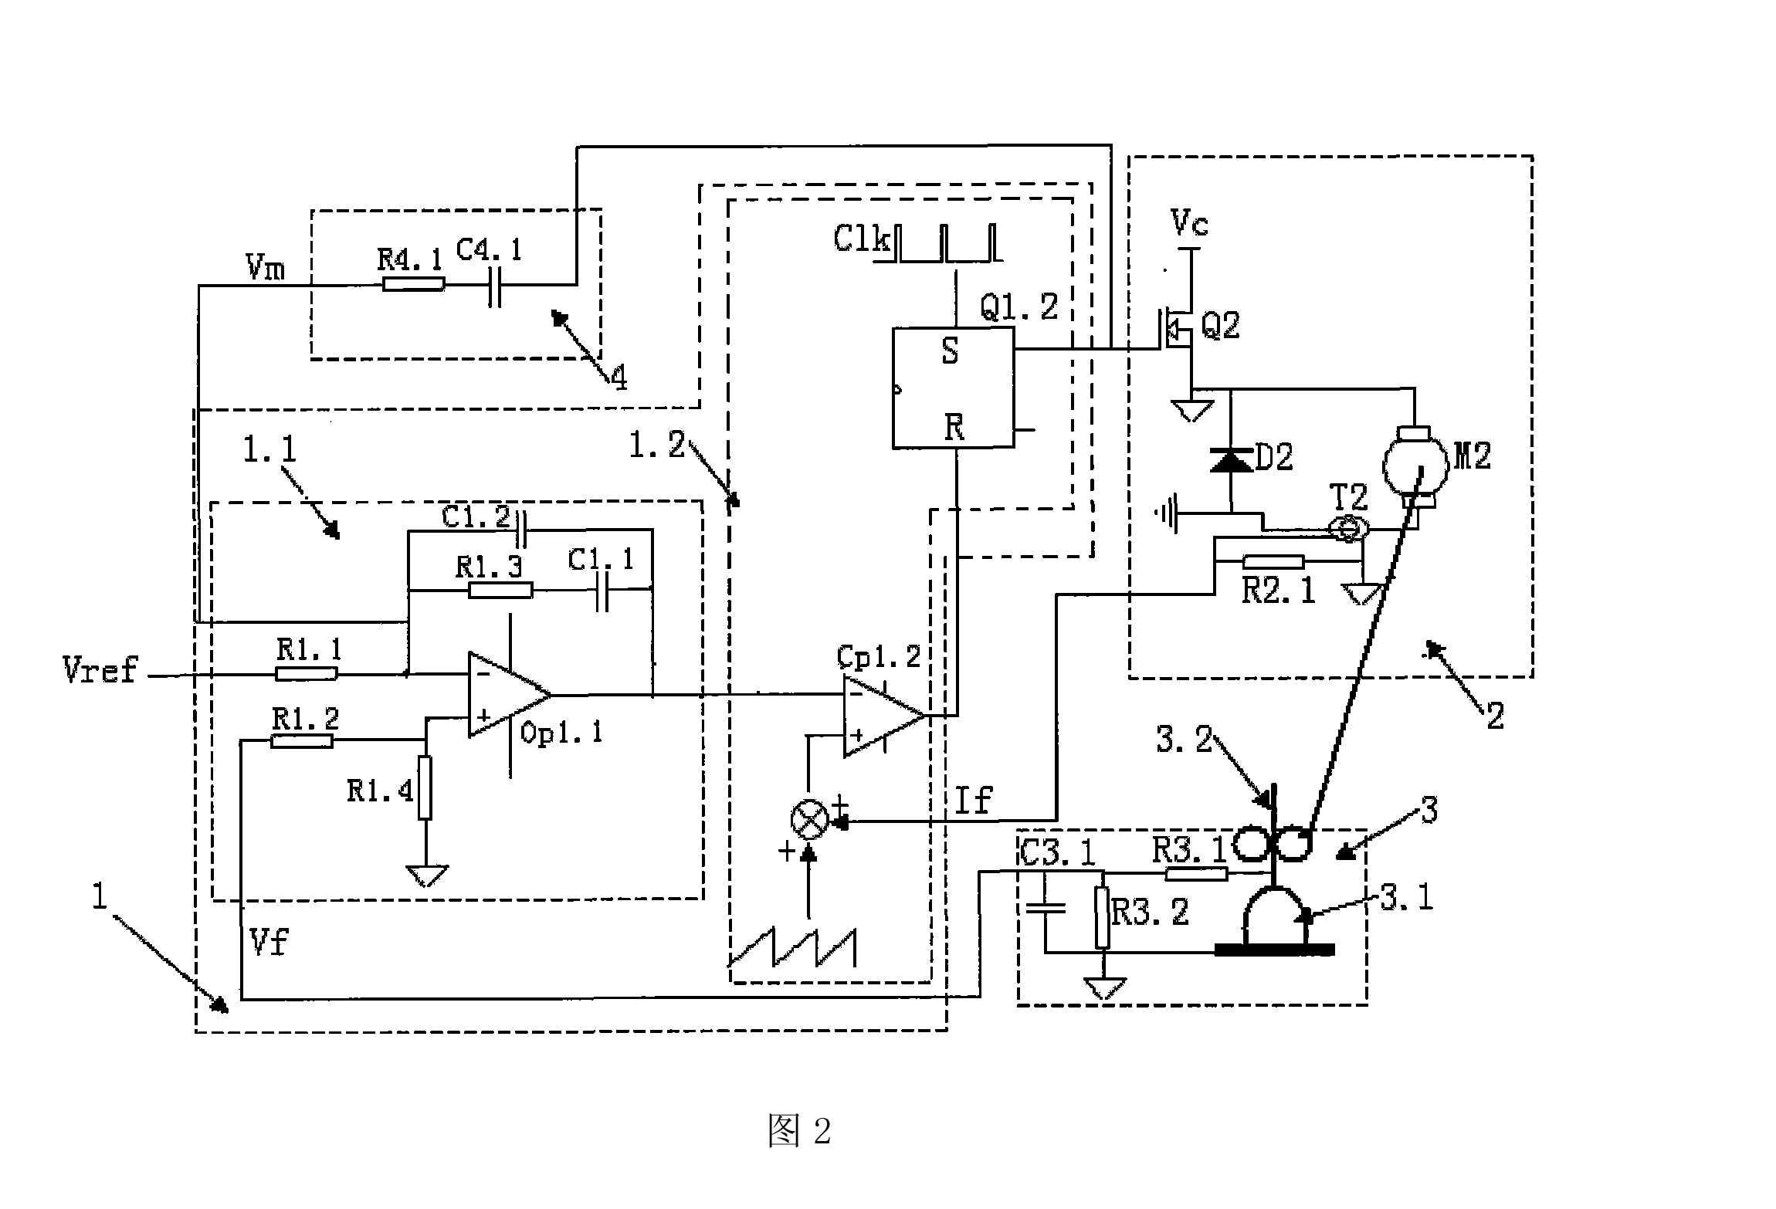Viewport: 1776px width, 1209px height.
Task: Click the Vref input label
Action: [100, 669]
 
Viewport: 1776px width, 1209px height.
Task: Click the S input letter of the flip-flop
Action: [951, 352]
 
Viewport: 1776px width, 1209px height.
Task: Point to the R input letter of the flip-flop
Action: [954, 427]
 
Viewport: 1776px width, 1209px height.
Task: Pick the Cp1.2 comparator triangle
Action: [881, 716]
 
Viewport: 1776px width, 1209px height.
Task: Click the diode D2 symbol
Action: [1231, 462]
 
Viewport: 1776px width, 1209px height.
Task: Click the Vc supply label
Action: [1190, 223]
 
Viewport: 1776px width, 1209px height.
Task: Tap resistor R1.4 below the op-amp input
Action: [425, 787]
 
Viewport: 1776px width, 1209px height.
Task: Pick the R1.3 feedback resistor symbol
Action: [500, 591]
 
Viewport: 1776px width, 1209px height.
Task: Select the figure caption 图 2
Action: [799, 1132]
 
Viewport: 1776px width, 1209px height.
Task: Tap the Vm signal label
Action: [265, 268]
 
